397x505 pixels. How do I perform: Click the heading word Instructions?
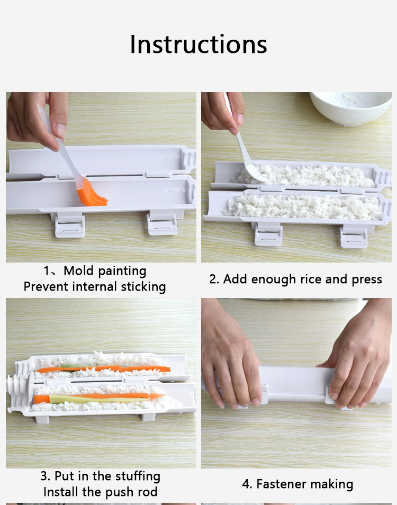(198, 44)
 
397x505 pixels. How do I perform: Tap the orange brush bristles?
(92, 194)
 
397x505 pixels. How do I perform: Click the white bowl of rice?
(351, 108)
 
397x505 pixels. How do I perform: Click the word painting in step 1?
(122, 271)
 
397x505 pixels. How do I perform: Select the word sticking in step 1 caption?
(143, 286)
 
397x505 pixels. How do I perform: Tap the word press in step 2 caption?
(367, 279)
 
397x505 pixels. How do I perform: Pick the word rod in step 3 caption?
(148, 492)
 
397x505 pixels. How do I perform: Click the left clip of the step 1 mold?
(69, 225)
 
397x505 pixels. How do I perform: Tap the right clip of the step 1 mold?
(161, 223)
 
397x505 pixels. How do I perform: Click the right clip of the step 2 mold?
(354, 237)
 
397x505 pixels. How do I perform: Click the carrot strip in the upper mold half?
(103, 369)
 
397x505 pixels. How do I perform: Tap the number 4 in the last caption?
(246, 484)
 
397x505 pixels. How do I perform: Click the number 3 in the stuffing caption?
(44, 476)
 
